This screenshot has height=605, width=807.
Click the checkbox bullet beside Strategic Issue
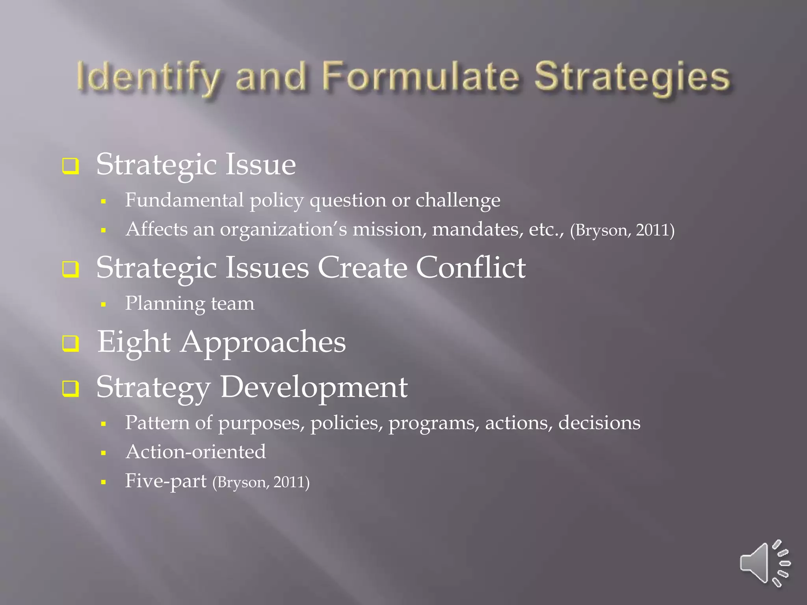coord(71,166)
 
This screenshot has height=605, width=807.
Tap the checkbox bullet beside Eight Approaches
coord(71,343)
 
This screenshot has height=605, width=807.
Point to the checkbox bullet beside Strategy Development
coord(71,388)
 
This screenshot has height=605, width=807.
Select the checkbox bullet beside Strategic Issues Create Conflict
coord(71,269)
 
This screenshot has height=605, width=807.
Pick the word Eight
coord(134,342)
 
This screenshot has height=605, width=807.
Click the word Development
coord(314,387)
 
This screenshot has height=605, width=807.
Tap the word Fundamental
coord(184,200)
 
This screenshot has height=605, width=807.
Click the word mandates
coord(478,229)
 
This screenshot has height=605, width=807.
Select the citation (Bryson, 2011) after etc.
coord(622,230)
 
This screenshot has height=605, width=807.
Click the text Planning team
coord(190,304)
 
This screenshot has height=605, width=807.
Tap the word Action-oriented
coord(195,452)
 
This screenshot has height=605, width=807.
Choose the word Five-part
coord(165,481)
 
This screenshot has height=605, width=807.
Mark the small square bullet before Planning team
coord(104,304)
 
